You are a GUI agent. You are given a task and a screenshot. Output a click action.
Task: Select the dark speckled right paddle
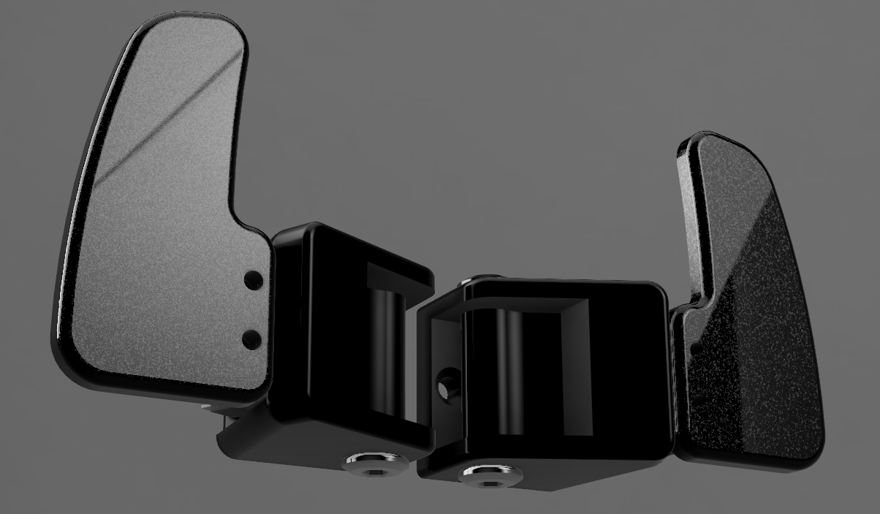pyautogui.click(x=753, y=307)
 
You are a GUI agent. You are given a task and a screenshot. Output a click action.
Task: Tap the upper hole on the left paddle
pyautogui.click(x=254, y=279)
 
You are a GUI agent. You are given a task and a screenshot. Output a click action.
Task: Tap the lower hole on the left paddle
pyautogui.click(x=251, y=339)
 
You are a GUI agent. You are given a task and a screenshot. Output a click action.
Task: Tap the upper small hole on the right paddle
pyautogui.click(x=697, y=344)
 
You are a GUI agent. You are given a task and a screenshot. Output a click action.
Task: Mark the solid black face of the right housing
pyautogui.click(x=629, y=366)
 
